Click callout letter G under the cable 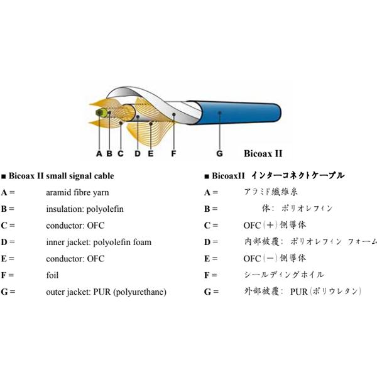pyautogui.click(x=219, y=153)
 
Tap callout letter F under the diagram pyautogui.click(x=173, y=153)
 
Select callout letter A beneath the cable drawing pyautogui.click(x=99, y=153)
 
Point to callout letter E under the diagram pyautogui.click(x=151, y=153)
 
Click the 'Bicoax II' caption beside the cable pyautogui.click(x=263, y=153)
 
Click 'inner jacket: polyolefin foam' pyautogui.click(x=99, y=242)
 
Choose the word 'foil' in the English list pyautogui.click(x=52, y=275)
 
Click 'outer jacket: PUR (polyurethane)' pyautogui.click(x=106, y=292)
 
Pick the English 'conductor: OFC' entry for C pyautogui.click(x=75, y=225)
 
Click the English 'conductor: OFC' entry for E pyautogui.click(x=75, y=258)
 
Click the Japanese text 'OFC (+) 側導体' pyautogui.click(x=275, y=225)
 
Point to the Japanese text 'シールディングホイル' pyautogui.click(x=284, y=275)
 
